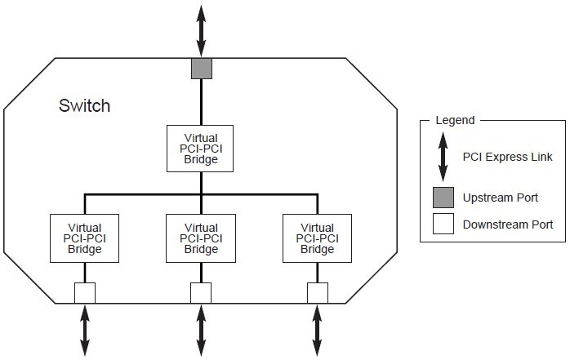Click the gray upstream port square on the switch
click(x=201, y=69)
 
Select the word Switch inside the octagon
click(x=84, y=106)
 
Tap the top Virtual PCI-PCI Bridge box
click(x=201, y=148)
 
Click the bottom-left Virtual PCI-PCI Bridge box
click(x=85, y=238)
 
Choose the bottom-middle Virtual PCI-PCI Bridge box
click(x=201, y=238)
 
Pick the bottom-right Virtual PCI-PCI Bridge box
click(x=317, y=238)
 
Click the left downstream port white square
click(x=85, y=292)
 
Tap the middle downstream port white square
click(x=201, y=292)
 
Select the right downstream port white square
click(x=317, y=292)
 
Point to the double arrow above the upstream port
click(x=201, y=29)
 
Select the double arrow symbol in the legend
click(x=442, y=157)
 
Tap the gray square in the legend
click(x=442, y=198)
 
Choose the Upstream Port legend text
click(x=501, y=198)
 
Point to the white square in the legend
click(x=442, y=224)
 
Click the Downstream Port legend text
click(x=507, y=224)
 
